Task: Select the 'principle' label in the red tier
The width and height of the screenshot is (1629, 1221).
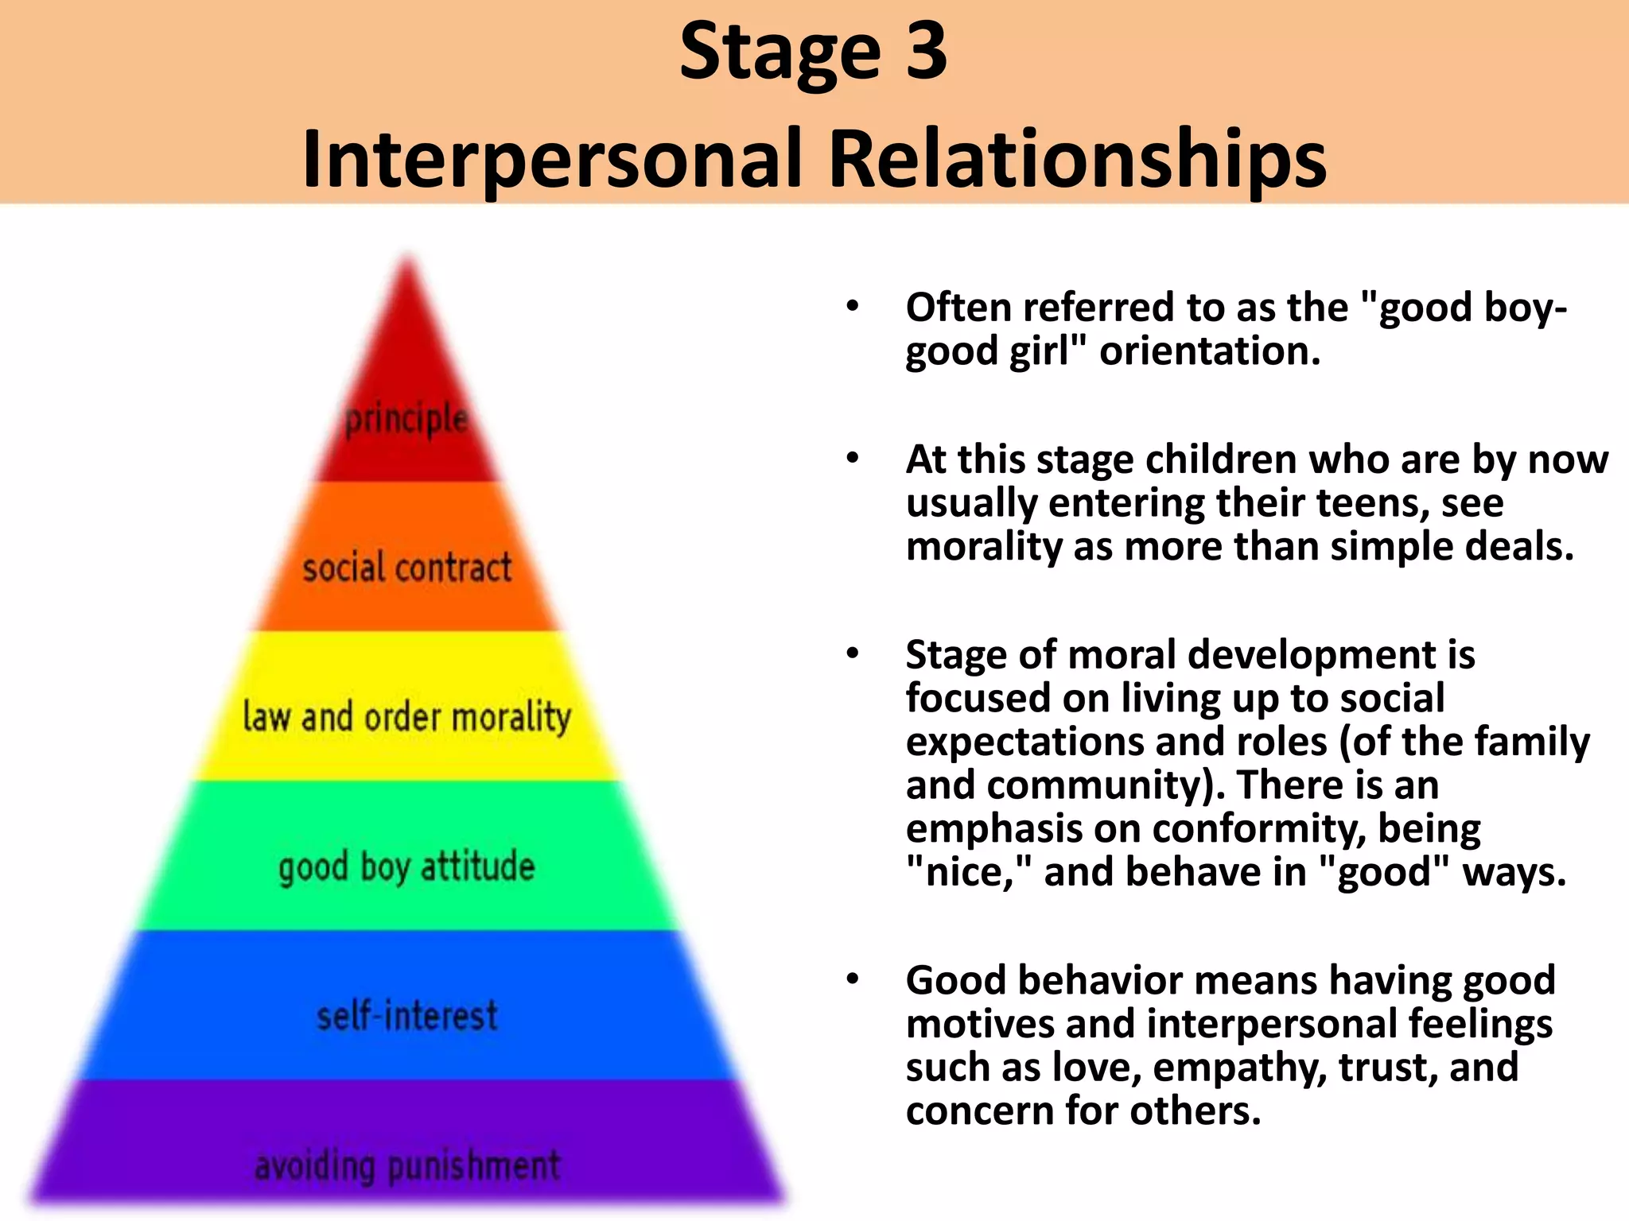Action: click(x=406, y=419)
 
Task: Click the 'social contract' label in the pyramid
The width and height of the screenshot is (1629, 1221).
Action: click(x=406, y=568)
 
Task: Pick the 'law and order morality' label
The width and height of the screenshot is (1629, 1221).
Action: click(x=406, y=717)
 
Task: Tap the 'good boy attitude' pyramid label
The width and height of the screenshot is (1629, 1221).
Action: click(x=406, y=866)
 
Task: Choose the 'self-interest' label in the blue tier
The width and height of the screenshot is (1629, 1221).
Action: click(x=406, y=1016)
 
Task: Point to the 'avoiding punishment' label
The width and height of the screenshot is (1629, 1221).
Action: click(x=406, y=1166)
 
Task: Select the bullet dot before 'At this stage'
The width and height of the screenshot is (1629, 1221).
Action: click(x=853, y=459)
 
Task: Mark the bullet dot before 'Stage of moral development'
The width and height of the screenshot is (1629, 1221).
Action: click(x=853, y=654)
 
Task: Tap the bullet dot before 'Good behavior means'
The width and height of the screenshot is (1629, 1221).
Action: click(x=853, y=979)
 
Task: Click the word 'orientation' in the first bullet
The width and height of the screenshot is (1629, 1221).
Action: click(x=1209, y=351)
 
